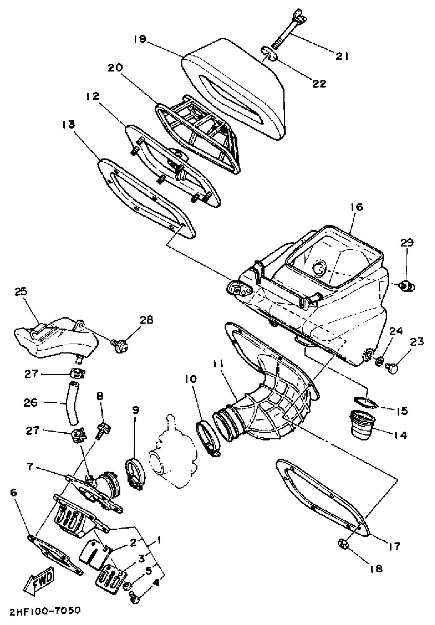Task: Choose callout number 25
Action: tap(21, 292)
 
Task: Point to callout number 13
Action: tap(68, 125)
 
